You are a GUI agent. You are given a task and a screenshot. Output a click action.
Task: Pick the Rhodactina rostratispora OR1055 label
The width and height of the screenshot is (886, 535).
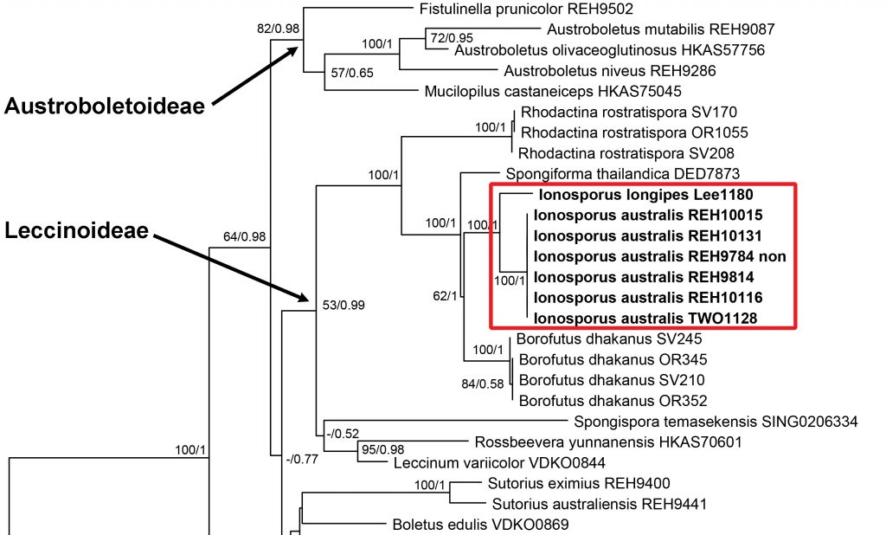click(633, 132)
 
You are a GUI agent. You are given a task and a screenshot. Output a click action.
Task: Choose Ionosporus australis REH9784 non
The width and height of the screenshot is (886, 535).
click(660, 256)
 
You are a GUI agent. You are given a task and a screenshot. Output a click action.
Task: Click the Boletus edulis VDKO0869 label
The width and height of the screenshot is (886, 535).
click(480, 524)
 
